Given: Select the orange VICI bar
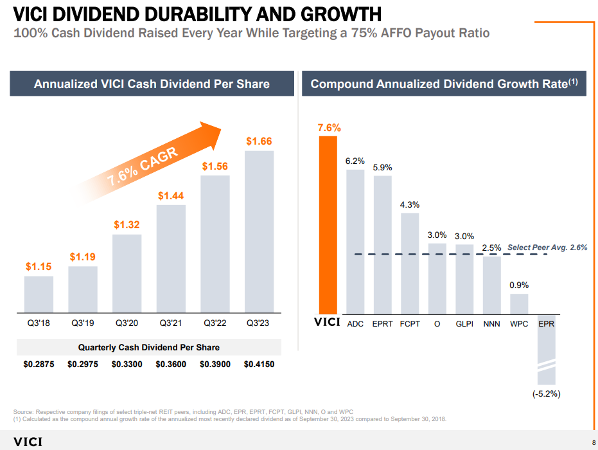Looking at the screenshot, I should coord(328,224).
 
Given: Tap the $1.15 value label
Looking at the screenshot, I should coord(39,265).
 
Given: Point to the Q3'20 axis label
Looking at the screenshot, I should coord(127,324).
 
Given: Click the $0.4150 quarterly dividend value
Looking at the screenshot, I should coord(259,364).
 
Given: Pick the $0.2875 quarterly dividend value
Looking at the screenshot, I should coord(39,364).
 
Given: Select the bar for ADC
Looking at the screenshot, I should coord(355,241).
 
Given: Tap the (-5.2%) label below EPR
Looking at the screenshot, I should coord(546,394).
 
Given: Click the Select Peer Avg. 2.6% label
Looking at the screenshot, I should coord(547,247).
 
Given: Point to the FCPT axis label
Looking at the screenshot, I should coord(410,324).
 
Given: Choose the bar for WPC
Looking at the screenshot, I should coord(519,303).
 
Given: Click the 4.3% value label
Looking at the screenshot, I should coord(410,205).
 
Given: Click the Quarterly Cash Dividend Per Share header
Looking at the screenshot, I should coord(149,347).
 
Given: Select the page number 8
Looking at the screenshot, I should coord(593,442).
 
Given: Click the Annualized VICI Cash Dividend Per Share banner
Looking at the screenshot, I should coord(152,84).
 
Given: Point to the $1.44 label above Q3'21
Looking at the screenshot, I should coord(171,195).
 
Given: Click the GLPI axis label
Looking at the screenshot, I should coord(464,324).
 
